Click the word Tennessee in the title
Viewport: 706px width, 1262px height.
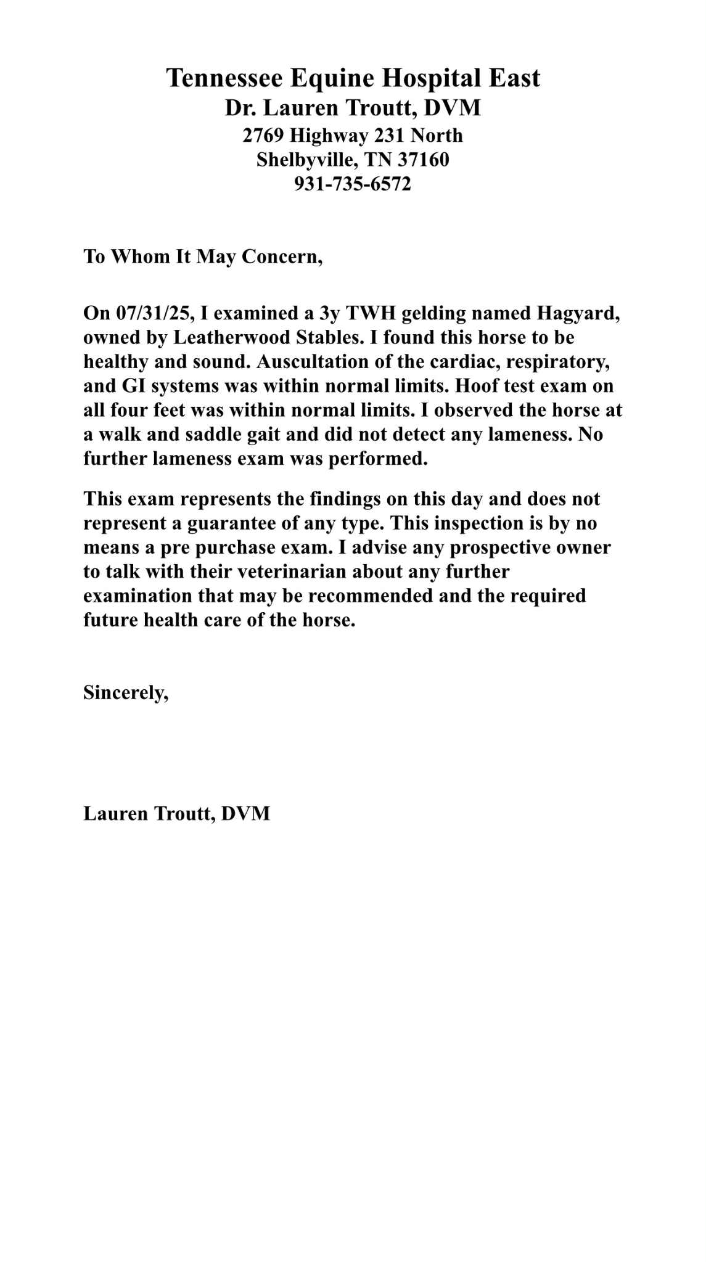pos(224,78)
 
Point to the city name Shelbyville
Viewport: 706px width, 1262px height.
pos(305,160)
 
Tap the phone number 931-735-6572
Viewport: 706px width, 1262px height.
pos(352,184)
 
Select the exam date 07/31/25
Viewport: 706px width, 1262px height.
pos(155,313)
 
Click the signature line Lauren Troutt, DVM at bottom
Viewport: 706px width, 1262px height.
pos(176,813)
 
